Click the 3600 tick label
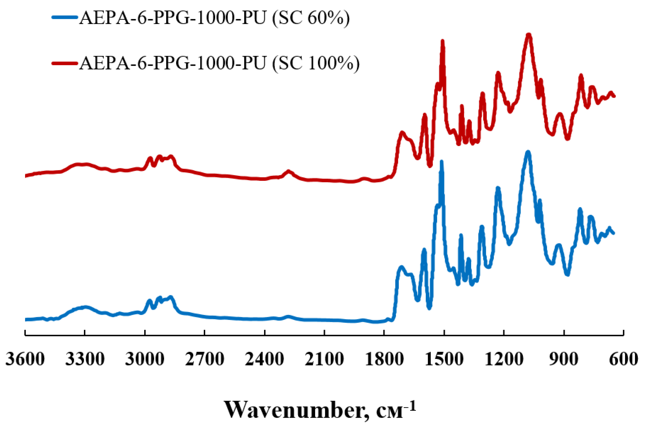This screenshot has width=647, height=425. click(25, 359)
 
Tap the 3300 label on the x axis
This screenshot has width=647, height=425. click(85, 359)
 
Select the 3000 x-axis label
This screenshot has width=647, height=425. click(145, 359)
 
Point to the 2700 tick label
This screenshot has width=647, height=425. click(205, 359)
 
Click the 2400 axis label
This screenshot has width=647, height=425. click(264, 359)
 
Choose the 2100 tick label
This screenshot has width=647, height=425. click(324, 359)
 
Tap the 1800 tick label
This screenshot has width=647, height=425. click(384, 359)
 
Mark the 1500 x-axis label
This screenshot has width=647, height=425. click(444, 359)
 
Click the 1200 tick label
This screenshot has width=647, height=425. click(504, 359)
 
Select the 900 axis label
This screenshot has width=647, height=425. click(564, 359)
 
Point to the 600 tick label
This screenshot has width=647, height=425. click(623, 359)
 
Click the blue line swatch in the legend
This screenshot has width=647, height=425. click(65, 17)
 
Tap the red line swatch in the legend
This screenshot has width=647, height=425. click(65, 63)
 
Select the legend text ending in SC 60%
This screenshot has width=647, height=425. click(214, 18)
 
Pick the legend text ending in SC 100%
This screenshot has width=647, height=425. click(219, 64)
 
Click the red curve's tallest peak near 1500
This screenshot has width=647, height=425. click(442, 41)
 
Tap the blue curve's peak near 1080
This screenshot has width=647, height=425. click(528, 152)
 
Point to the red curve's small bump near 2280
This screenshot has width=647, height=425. click(288, 171)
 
